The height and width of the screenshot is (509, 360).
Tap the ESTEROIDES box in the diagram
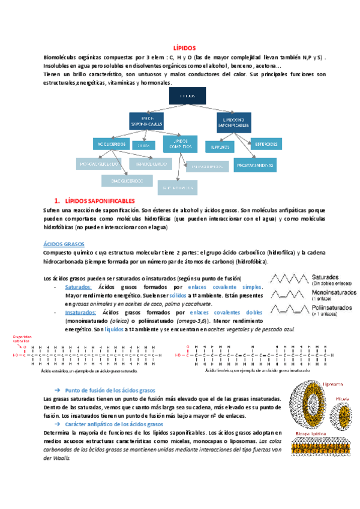[x=266, y=144]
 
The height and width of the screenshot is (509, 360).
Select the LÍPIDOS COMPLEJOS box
[x=184, y=144]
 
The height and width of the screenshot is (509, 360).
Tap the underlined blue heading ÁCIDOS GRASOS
[x=64, y=244]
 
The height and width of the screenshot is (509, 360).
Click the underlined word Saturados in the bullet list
[x=78, y=287]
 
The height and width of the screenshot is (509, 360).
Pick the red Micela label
[x=343, y=398]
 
